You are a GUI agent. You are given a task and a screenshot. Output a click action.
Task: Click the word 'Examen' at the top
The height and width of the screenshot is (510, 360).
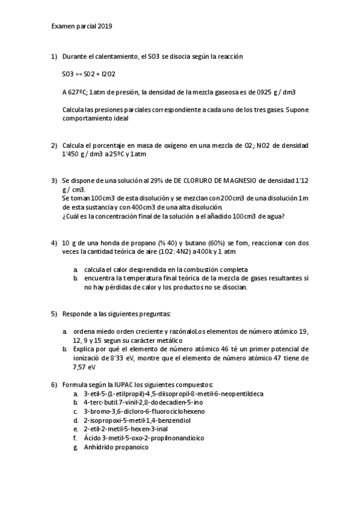63,26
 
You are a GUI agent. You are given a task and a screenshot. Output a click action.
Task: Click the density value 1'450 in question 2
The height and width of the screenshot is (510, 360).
72,153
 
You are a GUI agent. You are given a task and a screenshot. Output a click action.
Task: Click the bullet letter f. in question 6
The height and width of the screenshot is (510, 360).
76,438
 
